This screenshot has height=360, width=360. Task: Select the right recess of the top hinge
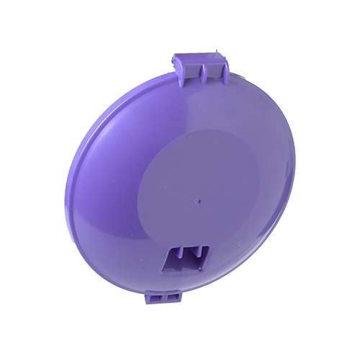pyautogui.click(x=214, y=70)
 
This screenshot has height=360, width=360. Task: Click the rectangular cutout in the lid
pyautogui.click(x=186, y=258)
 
